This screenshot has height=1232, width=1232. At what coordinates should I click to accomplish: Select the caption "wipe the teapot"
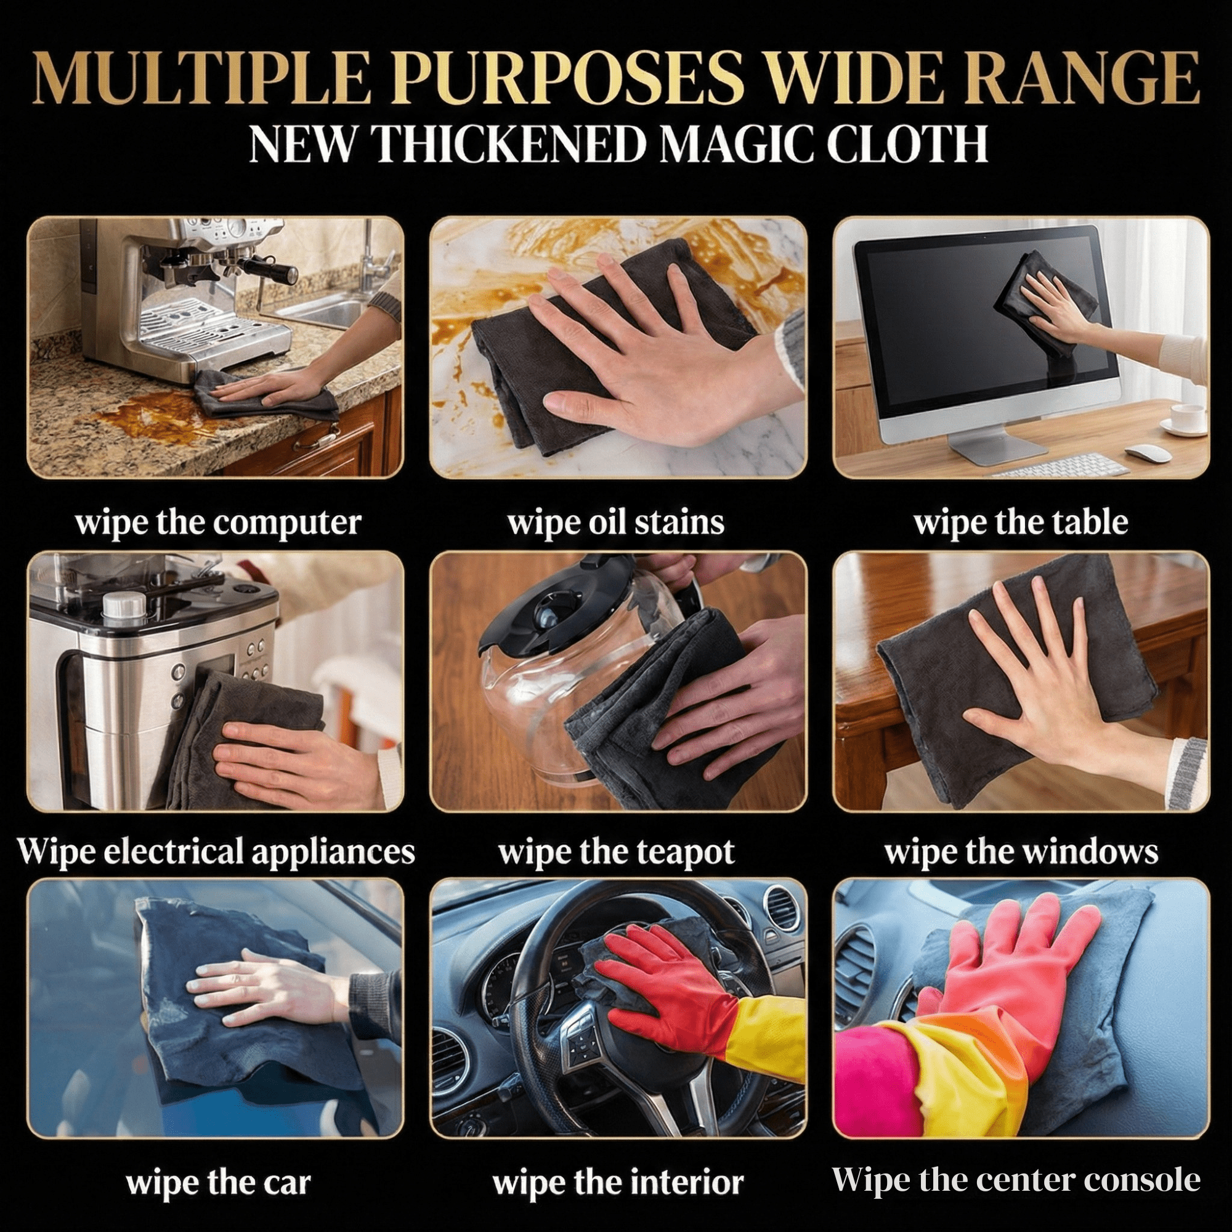pos(617,853)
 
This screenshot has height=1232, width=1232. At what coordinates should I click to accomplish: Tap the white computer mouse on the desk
pos(1148,453)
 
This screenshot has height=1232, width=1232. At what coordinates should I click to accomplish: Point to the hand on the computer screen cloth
pos(1052,296)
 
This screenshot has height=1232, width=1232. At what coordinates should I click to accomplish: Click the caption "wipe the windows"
pos(1020,853)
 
